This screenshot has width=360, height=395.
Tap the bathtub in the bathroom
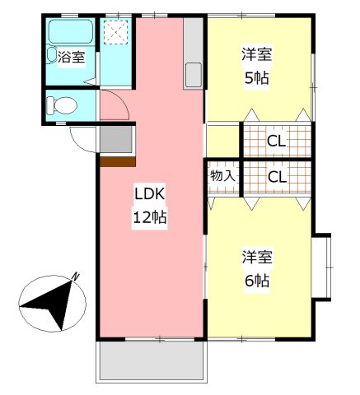[x=72, y=33]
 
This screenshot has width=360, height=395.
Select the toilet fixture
[x=62, y=105]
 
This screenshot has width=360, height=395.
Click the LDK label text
[x=150, y=195]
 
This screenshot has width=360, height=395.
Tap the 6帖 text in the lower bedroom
[x=256, y=279]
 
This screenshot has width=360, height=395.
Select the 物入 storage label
[x=222, y=176]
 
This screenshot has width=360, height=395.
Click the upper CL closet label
[x=277, y=141]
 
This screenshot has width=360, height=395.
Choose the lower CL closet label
[x=277, y=177]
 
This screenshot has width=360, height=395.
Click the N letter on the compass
[x=75, y=276]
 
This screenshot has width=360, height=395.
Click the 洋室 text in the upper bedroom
[x=257, y=56]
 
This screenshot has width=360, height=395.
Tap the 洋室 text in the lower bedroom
[x=256, y=256]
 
